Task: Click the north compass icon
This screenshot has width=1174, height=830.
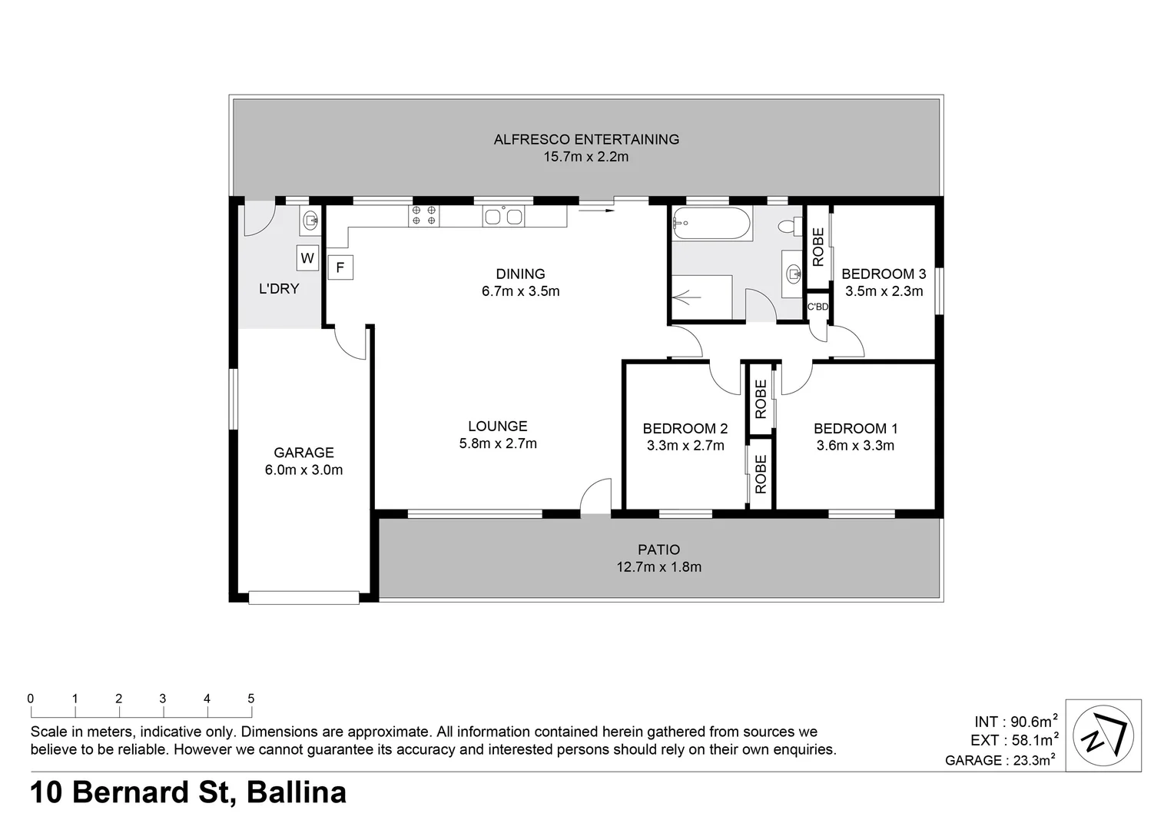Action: [x=1107, y=735]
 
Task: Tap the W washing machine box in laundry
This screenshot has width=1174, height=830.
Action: [x=307, y=258]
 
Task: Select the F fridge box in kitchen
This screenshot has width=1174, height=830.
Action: [x=340, y=268]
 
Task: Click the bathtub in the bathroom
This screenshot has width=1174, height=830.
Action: [x=711, y=224]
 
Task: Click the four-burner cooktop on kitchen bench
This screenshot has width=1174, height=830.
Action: [x=424, y=215]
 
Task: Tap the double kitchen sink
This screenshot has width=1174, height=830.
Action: [x=504, y=216]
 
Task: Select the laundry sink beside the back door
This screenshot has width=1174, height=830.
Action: [x=310, y=221]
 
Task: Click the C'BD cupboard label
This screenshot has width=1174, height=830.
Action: [x=817, y=307]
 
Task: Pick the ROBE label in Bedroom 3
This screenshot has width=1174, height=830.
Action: [x=818, y=247]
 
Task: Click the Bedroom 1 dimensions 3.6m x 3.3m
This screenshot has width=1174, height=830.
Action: [x=855, y=446]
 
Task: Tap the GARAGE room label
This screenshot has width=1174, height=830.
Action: [x=303, y=453]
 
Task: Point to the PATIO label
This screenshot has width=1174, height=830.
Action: [x=658, y=549]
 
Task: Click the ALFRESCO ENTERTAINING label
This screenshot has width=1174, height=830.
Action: [x=586, y=139]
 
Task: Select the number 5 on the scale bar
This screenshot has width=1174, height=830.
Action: [x=250, y=699]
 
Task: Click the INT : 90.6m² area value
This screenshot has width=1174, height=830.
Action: [x=1016, y=721]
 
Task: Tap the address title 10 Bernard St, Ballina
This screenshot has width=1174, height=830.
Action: [x=188, y=792]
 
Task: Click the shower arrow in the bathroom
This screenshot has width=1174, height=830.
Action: [x=686, y=296]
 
